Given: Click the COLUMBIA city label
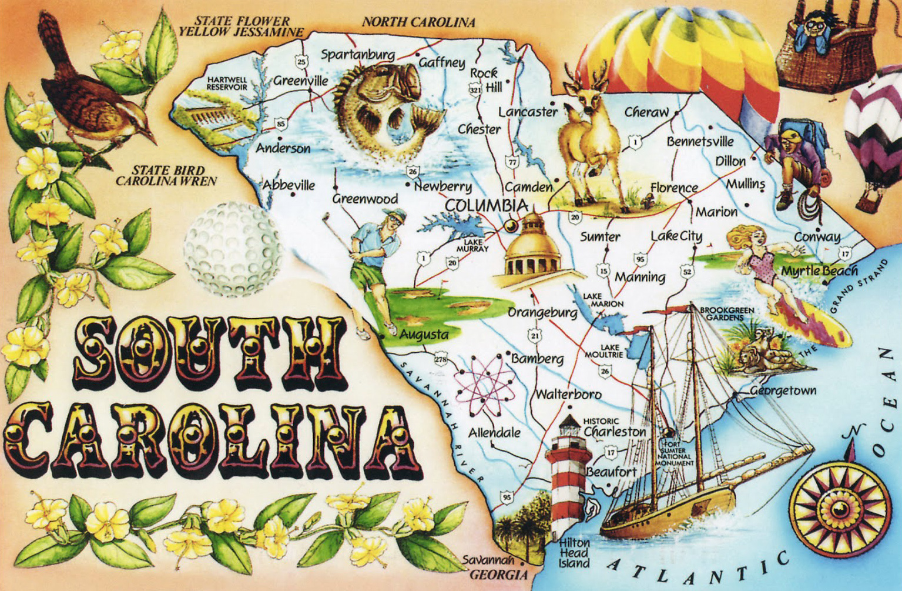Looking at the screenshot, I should [x=486, y=206].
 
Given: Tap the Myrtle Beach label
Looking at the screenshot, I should [x=819, y=271].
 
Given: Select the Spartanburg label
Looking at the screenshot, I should [x=357, y=55].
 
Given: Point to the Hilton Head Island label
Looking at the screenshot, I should [x=574, y=553].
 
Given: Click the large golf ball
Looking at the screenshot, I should [x=232, y=249].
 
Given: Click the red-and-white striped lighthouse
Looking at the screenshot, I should [x=568, y=476].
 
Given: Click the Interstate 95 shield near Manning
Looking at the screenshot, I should [x=640, y=259].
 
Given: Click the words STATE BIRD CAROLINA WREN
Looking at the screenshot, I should [x=166, y=176].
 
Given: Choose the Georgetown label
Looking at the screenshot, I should [x=783, y=390].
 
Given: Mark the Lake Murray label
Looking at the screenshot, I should [x=472, y=245].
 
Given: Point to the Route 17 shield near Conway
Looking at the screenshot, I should [x=845, y=254].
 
